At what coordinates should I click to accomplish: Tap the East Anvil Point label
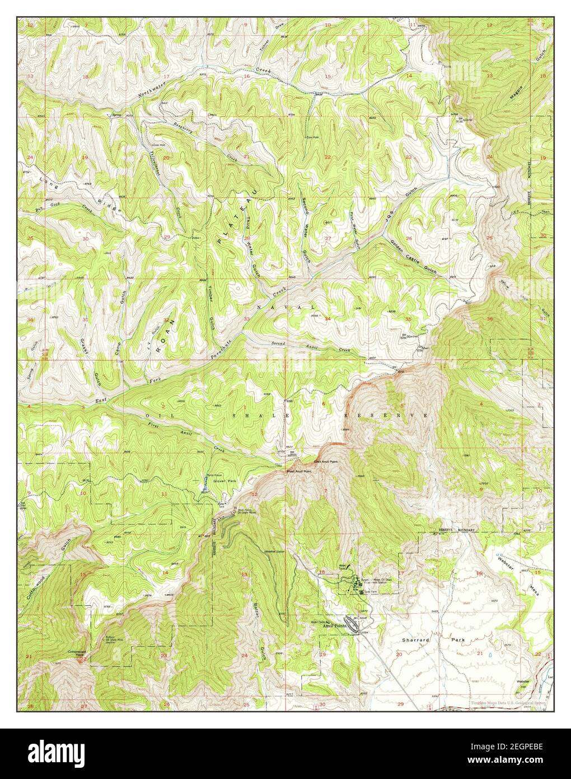[325, 461]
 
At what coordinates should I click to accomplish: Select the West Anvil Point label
[298, 471]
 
